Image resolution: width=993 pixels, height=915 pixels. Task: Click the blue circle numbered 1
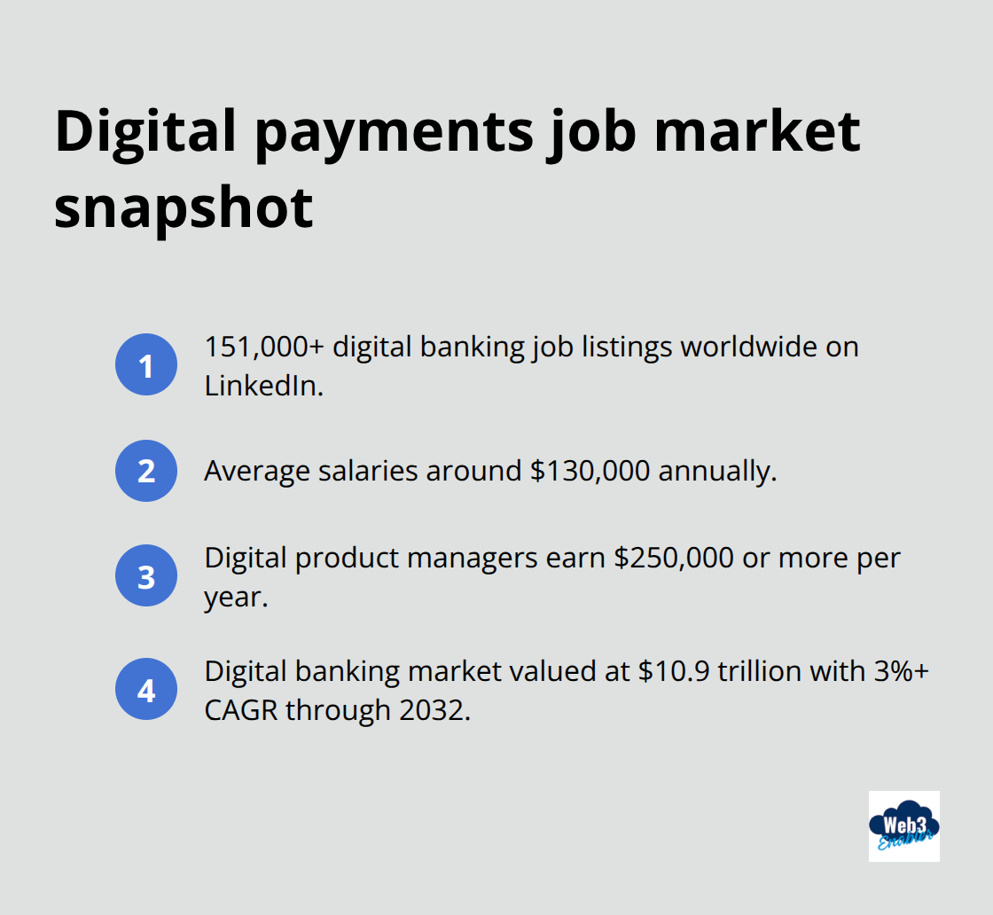(146, 364)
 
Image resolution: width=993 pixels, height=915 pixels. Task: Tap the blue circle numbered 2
(146, 471)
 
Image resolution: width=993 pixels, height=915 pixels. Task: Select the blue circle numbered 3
(146, 575)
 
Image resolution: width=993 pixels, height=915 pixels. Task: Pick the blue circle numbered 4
(146, 689)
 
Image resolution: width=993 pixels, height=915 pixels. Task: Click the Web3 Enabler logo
(903, 826)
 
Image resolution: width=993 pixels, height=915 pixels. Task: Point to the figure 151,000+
(263, 347)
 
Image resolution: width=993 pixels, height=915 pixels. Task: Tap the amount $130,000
(590, 471)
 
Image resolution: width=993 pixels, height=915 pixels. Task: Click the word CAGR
(240, 710)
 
